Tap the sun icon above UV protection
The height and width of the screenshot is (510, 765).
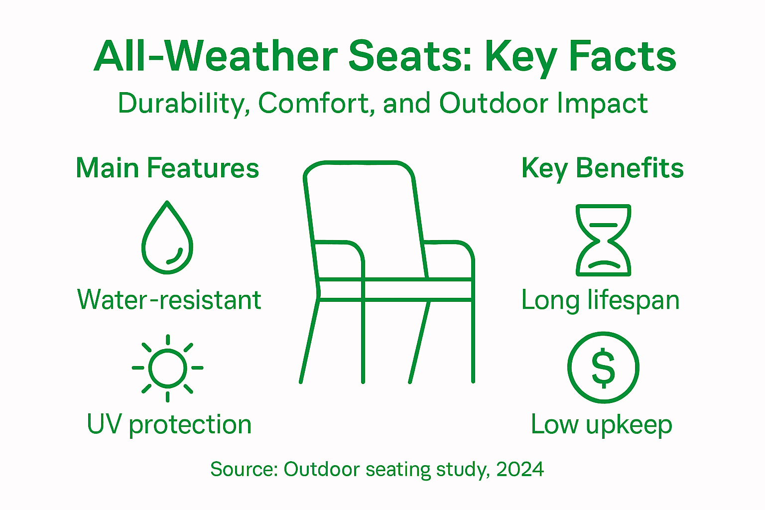pos(168,368)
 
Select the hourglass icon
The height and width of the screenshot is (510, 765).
pos(603,240)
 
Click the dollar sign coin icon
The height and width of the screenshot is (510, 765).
pos(603,368)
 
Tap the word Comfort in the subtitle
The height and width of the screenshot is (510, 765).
pos(316,104)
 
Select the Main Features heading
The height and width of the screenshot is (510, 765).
pos(167,168)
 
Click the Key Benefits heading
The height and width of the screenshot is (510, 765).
pos(602,168)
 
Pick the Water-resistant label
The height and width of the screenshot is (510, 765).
pos(169,300)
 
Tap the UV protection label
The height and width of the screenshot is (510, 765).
pos(169,424)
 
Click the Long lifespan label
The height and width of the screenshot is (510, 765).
pos(600,300)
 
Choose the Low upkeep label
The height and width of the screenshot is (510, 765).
pos(602,425)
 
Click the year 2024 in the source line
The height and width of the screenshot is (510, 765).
pos(520,469)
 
